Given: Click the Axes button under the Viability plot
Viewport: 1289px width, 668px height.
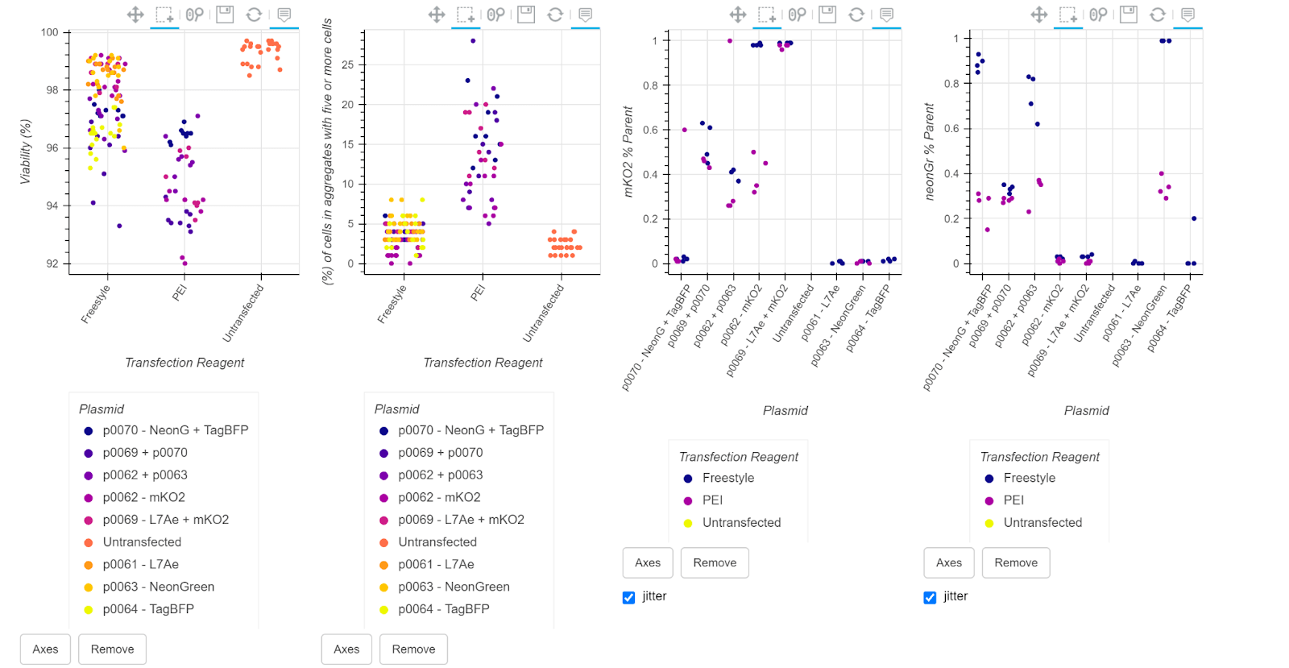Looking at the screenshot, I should (45, 649).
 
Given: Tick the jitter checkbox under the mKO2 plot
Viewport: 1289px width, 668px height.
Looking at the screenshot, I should (628, 597).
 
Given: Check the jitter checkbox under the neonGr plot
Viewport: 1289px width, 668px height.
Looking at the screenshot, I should (930, 597).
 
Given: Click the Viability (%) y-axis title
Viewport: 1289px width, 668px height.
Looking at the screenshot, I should (26, 151).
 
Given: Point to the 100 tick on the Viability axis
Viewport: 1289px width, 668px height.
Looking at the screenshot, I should (50, 32).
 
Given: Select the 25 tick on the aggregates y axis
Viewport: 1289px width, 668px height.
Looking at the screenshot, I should (348, 64).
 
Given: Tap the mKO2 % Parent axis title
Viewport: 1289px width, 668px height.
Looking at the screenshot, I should (628, 151).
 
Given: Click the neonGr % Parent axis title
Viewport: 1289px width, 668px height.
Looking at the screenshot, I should (930, 151).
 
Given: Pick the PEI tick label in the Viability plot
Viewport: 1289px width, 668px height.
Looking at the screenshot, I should (180, 292).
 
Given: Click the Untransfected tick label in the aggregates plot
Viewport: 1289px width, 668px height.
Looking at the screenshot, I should (544, 313).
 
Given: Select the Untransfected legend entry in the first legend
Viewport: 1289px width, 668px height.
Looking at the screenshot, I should (142, 542).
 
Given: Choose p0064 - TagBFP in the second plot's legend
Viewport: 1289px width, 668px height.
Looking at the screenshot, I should (443, 609).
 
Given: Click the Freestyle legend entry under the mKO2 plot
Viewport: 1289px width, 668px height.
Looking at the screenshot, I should (728, 478).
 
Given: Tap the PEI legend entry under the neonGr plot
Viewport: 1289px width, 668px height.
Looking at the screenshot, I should (1013, 500).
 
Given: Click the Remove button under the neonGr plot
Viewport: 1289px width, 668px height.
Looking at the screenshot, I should (1016, 562).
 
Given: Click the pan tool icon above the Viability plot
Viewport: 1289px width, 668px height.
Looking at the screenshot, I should (135, 15).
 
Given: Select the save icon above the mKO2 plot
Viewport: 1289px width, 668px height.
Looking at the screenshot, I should (827, 15).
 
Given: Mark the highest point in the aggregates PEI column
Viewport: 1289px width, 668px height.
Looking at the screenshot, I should (473, 40).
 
